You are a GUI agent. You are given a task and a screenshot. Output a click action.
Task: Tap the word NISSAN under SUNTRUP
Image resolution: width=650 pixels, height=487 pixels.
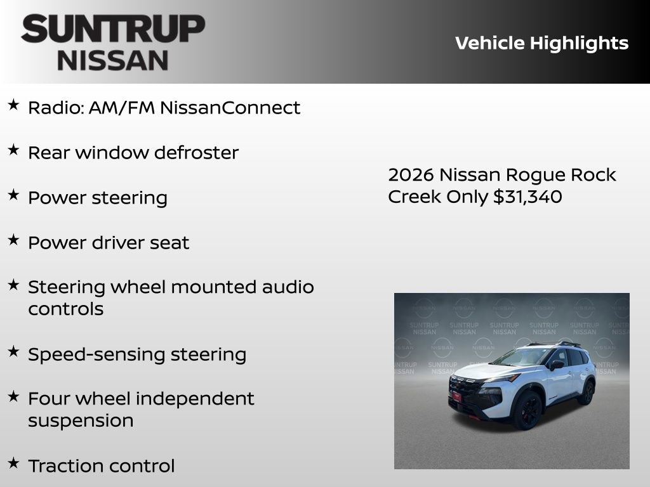pyautogui.click(x=113, y=61)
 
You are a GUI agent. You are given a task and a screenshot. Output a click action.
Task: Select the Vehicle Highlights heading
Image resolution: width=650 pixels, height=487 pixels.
pyautogui.click(x=541, y=43)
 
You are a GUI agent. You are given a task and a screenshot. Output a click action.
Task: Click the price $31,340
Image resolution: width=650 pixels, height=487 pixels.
pyautogui.click(x=527, y=197)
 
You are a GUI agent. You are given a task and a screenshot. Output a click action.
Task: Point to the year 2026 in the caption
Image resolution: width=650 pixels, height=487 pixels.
pyautogui.click(x=410, y=174)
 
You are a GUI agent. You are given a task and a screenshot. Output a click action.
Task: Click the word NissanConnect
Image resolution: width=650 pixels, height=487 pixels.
pyautogui.click(x=230, y=108)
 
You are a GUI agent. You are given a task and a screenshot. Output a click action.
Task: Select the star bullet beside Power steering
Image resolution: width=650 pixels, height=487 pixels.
pyautogui.click(x=13, y=195)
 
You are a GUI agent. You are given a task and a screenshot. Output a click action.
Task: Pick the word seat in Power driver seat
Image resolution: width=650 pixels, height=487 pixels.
pyautogui.click(x=172, y=243)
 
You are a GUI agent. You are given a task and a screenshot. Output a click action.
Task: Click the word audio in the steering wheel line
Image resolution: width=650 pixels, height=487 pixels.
pyautogui.click(x=288, y=287)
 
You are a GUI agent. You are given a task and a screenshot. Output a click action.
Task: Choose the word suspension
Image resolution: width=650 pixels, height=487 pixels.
pyautogui.click(x=81, y=421)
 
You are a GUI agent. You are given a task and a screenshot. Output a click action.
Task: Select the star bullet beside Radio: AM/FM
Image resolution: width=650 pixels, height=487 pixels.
pyautogui.click(x=13, y=105)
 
